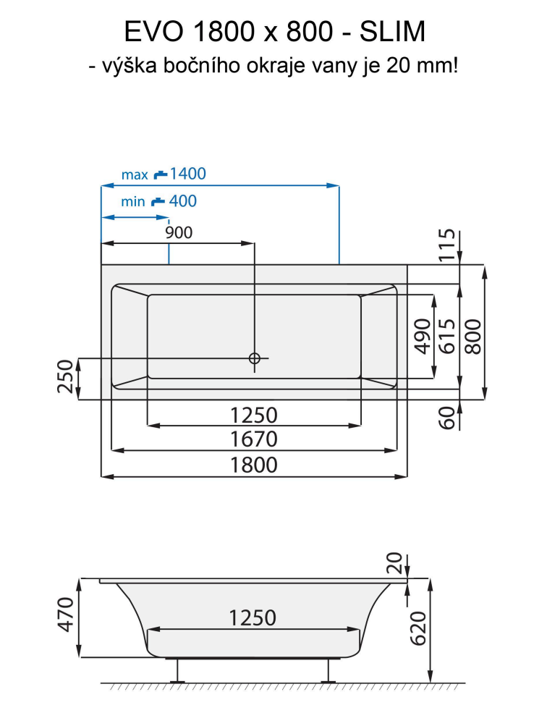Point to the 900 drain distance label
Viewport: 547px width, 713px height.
(x=179, y=232)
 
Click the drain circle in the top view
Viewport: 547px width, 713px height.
(x=254, y=358)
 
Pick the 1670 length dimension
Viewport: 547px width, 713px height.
(x=253, y=439)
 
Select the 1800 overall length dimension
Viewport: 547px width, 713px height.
(x=253, y=465)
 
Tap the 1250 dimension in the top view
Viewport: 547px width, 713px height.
(x=253, y=415)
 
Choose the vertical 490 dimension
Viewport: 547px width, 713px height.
(x=422, y=336)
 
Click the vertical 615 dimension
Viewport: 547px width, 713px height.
(x=447, y=336)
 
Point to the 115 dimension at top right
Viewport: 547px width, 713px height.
(x=448, y=245)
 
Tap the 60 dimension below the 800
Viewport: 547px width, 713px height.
(x=448, y=418)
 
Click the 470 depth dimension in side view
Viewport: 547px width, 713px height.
(x=65, y=615)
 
